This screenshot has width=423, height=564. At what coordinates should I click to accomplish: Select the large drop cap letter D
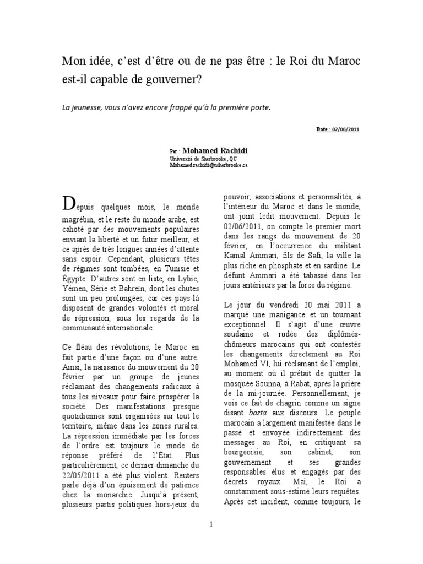[x=68, y=205]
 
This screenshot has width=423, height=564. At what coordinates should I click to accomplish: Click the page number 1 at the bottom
[x=211, y=524]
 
